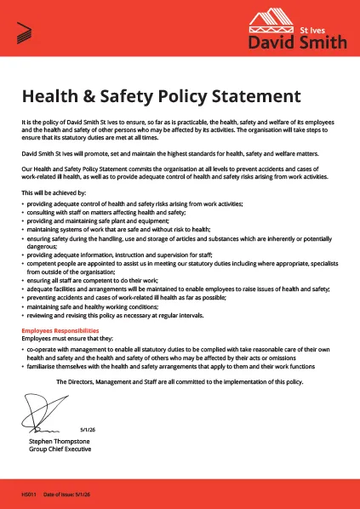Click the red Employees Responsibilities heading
point(60,329)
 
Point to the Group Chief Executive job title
point(59,451)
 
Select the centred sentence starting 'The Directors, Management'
point(180,382)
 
